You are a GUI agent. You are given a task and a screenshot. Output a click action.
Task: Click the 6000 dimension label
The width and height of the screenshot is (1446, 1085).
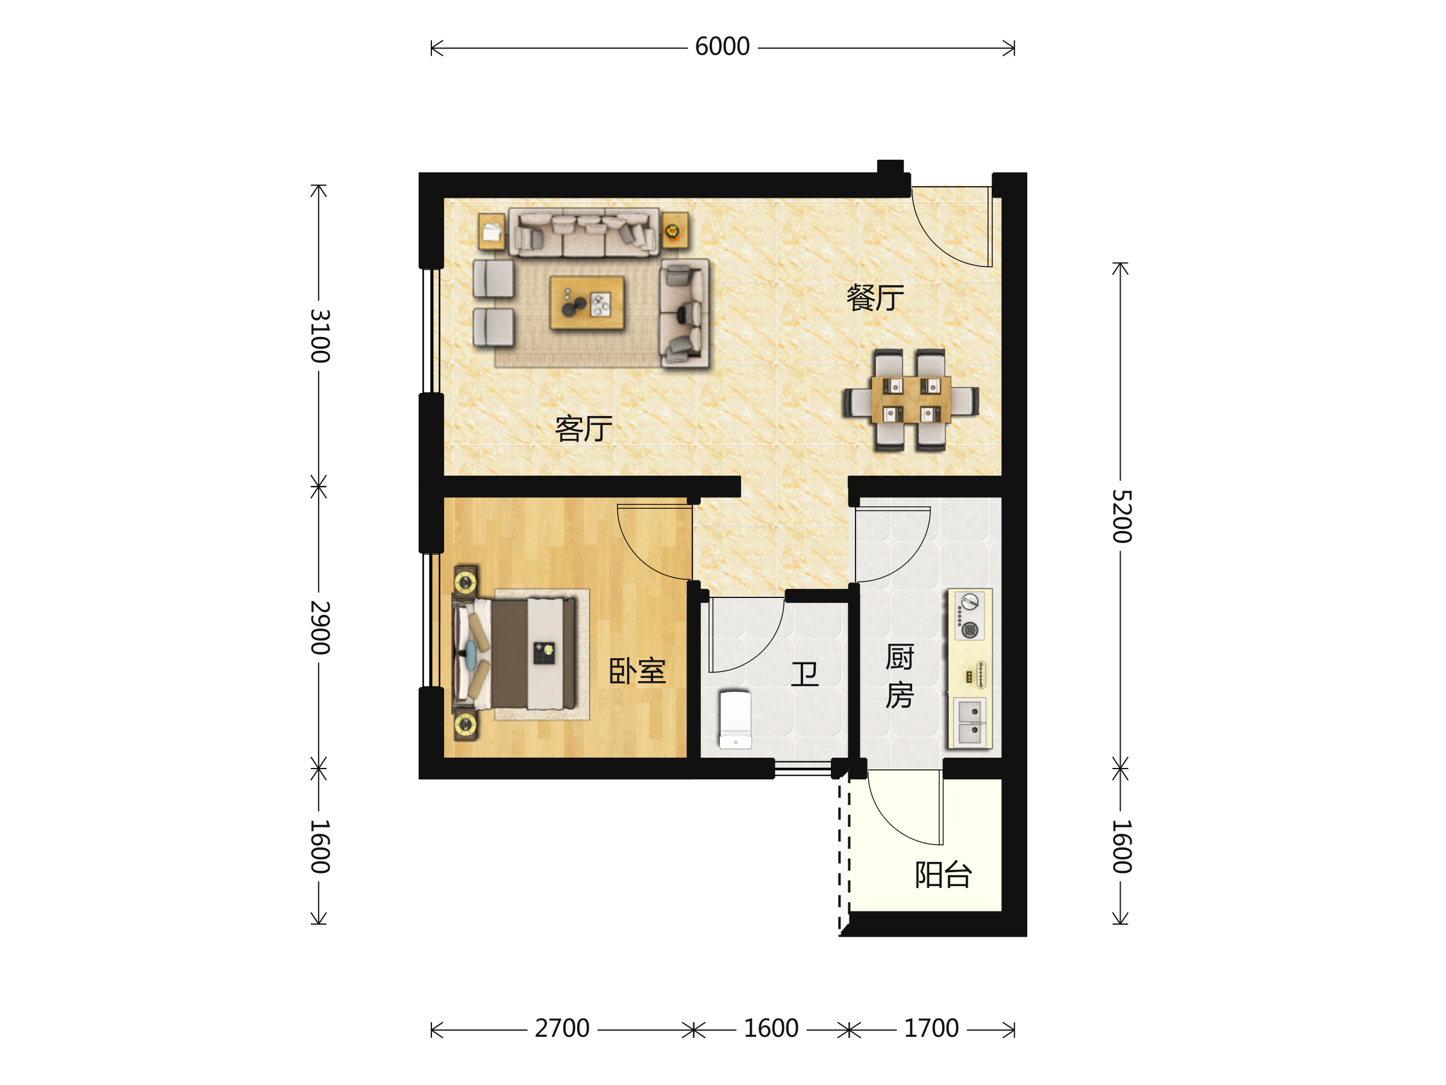(x=722, y=47)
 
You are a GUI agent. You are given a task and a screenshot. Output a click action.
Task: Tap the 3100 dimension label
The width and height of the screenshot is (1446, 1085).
(x=320, y=336)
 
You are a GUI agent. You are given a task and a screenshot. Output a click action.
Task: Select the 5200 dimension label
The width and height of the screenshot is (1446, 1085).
(x=1122, y=516)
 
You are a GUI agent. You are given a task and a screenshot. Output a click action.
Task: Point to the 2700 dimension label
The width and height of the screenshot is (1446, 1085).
(x=562, y=1029)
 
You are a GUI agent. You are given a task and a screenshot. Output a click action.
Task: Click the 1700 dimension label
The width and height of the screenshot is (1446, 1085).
(x=931, y=1029)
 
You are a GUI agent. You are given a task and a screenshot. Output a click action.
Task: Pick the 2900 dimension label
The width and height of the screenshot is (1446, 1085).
(x=320, y=627)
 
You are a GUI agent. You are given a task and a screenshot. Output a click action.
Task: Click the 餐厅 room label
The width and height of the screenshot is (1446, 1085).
(x=875, y=298)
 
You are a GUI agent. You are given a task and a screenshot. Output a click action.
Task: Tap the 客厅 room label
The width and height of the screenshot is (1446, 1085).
(x=584, y=429)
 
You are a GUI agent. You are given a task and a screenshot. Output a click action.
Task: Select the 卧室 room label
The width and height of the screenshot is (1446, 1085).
(x=637, y=671)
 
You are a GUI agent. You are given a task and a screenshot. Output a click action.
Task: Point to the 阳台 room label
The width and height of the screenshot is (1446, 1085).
(x=944, y=875)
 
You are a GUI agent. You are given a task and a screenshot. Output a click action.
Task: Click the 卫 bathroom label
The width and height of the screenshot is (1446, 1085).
(x=805, y=674)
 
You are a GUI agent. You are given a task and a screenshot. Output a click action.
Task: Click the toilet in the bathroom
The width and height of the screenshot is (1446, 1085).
(x=736, y=719)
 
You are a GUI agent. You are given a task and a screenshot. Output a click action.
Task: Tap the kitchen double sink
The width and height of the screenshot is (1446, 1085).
(x=969, y=723)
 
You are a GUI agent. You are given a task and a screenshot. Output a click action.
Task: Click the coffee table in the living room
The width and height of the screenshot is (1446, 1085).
(x=587, y=302)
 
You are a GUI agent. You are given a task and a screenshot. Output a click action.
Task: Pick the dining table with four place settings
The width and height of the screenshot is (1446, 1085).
(x=910, y=400)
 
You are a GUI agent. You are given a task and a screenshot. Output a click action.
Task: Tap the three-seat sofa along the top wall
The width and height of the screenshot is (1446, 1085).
(x=584, y=232)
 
